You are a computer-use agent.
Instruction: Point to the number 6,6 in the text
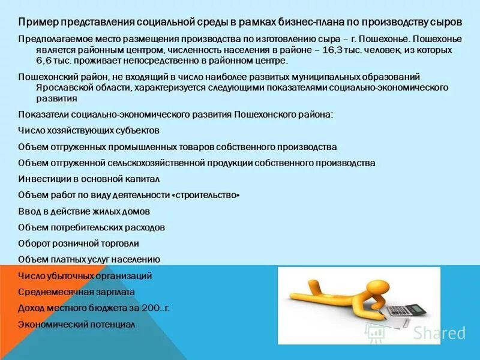coord(46,61)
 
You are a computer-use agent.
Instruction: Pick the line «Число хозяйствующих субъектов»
coord(89,130)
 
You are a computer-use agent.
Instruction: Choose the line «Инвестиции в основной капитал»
coord(89,179)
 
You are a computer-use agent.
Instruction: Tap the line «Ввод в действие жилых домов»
coord(84,212)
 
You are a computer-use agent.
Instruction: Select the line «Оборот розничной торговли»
coord(79,244)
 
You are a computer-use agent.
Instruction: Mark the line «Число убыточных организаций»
coord(85,276)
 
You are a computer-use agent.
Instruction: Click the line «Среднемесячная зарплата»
coord(76,292)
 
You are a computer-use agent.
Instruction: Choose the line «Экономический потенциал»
coord(76,325)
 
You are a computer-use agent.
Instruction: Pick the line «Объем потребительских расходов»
coord(91,228)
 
